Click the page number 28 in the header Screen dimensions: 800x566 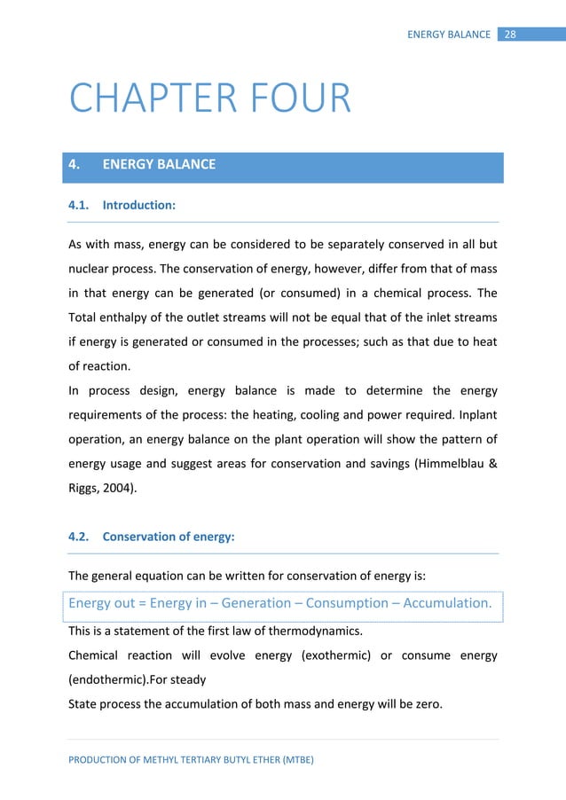pyautogui.click(x=510, y=35)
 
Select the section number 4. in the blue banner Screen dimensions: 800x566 pyautogui.click(x=75, y=164)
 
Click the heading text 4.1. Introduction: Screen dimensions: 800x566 pyautogui.click(x=122, y=206)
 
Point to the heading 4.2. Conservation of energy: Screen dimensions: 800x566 pyautogui.click(x=151, y=536)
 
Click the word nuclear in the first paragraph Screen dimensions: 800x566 pyautogui.click(x=92, y=269)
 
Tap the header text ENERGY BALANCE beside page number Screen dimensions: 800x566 pyautogui.click(x=449, y=35)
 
